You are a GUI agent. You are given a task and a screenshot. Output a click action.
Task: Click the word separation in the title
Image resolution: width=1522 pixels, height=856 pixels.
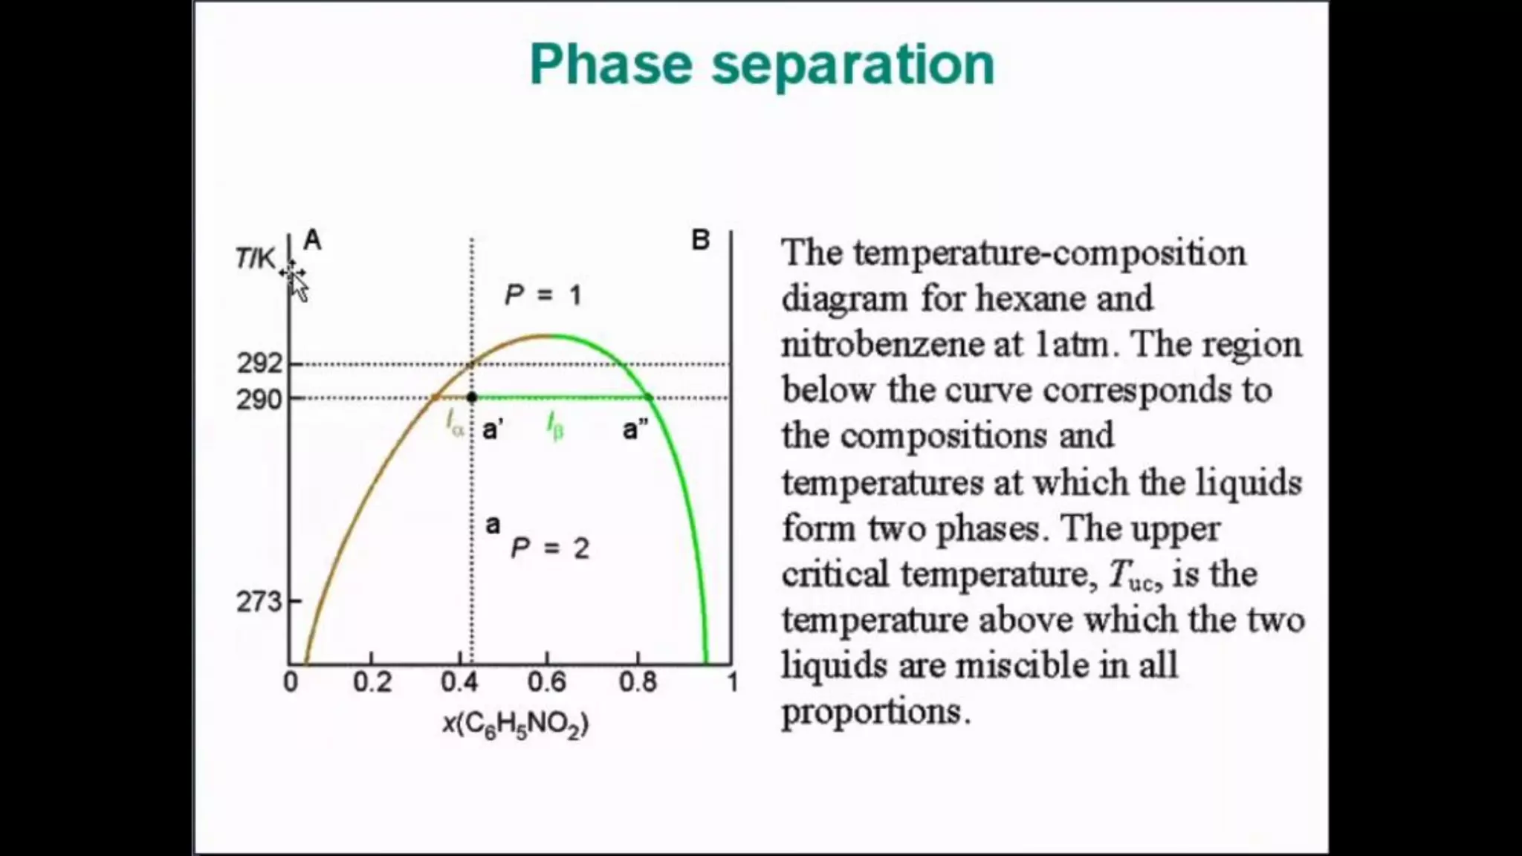point(852,65)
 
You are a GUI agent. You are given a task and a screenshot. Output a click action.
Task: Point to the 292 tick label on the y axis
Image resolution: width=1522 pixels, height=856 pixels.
point(259,363)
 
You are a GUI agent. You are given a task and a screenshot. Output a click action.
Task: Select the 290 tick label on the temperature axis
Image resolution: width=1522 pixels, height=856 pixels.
point(259,400)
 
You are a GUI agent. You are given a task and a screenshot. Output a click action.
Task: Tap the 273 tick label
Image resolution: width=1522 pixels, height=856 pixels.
point(259,601)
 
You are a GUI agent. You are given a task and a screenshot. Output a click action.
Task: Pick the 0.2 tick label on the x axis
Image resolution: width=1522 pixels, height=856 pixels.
point(372,682)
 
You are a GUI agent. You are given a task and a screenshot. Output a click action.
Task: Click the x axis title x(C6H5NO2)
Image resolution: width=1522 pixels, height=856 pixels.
point(515,724)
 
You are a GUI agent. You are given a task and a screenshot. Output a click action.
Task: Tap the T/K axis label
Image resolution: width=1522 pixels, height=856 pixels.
point(255,258)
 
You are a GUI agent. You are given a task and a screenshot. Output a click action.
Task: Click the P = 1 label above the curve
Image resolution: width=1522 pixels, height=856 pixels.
point(543,295)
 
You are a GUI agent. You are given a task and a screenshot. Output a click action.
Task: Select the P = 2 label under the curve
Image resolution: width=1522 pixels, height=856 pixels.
point(550,548)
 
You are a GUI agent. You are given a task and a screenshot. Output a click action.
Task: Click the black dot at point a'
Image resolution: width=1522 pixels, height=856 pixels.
point(471,398)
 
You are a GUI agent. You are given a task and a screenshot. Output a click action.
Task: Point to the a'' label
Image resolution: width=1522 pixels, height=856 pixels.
point(635,429)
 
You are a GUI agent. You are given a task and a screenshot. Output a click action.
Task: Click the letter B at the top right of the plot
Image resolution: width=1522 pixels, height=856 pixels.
point(700,240)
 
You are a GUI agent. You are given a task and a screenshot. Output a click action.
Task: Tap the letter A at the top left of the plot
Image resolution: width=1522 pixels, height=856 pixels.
point(312,240)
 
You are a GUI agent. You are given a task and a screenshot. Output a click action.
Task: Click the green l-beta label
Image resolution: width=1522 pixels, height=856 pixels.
point(555,426)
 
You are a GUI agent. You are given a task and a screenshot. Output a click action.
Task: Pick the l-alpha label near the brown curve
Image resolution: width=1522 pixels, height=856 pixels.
point(454,424)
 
